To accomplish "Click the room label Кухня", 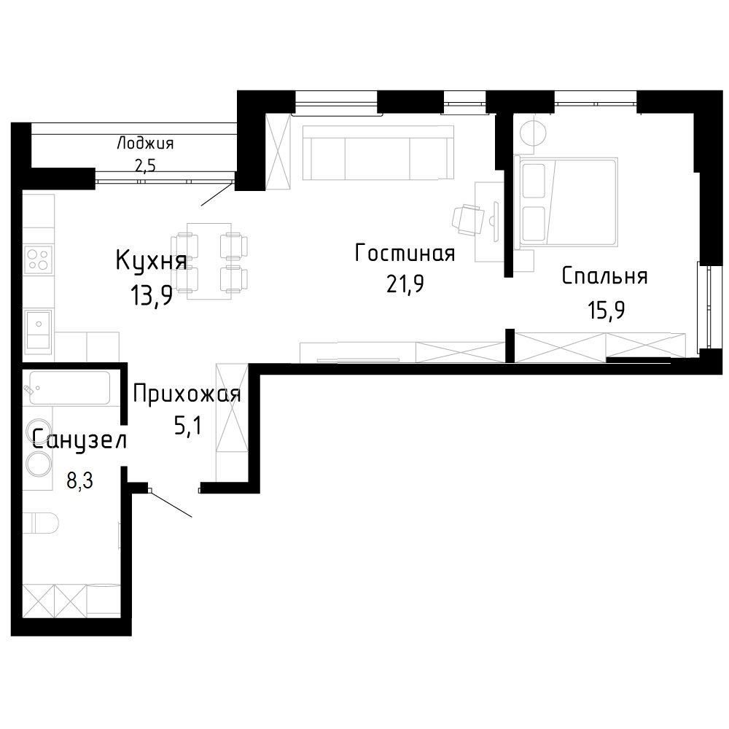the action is pos(151,261).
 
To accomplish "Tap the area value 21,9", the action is pos(405,284).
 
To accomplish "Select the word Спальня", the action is pos(604,276).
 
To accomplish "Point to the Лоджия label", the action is pos(145,143).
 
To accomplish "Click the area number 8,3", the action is pos(80,480).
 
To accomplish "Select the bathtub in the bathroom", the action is pos(70,388).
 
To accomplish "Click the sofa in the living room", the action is pos(378,152).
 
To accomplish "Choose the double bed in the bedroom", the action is pos(566,201).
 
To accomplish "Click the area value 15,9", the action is pos(607,310).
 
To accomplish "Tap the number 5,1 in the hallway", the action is pos(188,426).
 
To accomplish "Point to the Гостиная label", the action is pos(405,254).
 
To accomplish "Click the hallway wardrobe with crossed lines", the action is pos(232,422).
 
